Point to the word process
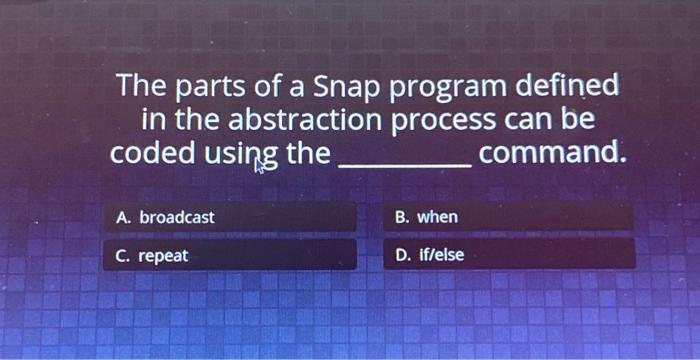(x=440, y=121)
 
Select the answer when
(x=437, y=217)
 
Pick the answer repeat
(x=163, y=256)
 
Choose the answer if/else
(x=440, y=255)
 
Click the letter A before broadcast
(x=122, y=217)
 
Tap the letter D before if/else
(x=402, y=255)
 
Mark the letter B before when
(x=402, y=217)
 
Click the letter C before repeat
(x=122, y=256)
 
